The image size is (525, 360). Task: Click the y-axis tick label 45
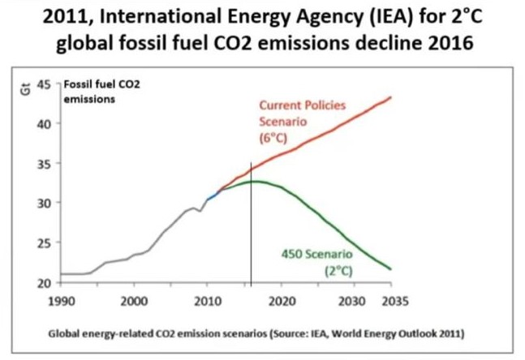pos(44,84)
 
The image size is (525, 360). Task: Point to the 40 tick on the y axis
pos(44,124)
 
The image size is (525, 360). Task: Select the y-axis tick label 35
pos(44,164)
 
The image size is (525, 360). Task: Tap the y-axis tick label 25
pos(44,242)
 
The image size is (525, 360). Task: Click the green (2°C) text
pos(338,271)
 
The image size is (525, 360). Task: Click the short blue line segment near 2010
pos(213,195)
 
